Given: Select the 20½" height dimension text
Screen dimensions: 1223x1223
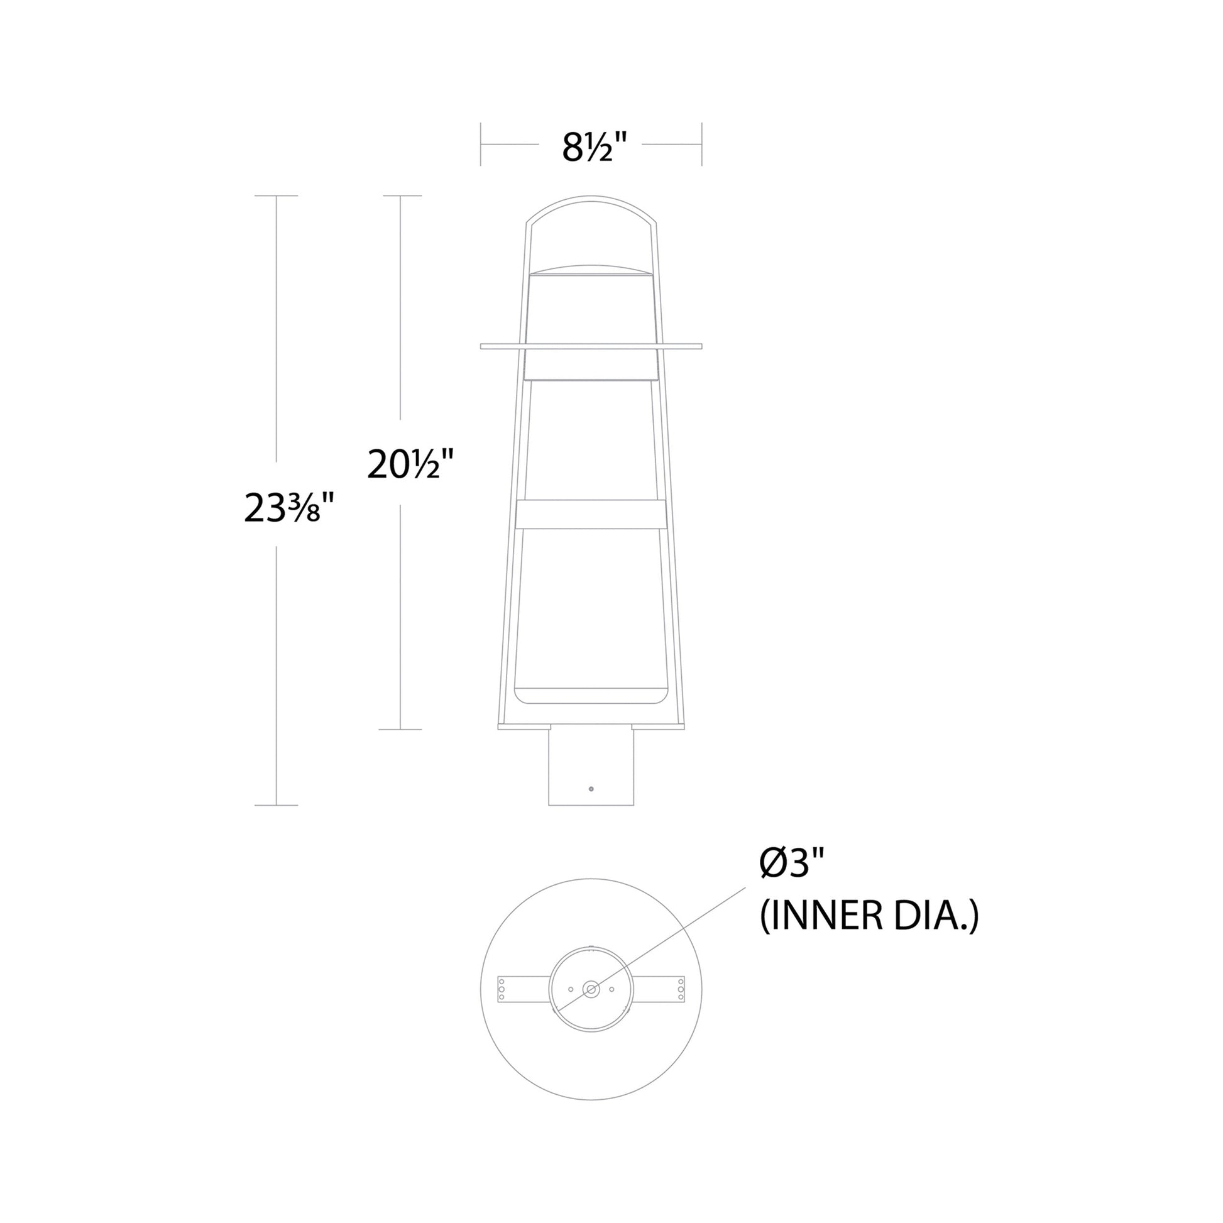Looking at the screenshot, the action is (x=411, y=465).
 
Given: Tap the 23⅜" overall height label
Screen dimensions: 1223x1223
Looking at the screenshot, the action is (x=288, y=508).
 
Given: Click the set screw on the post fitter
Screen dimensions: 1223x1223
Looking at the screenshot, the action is (x=591, y=789).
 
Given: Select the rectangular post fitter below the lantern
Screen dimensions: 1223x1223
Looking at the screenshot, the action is (x=591, y=767).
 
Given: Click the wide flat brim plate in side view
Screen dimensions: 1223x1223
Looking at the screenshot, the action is (x=591, y=346).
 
